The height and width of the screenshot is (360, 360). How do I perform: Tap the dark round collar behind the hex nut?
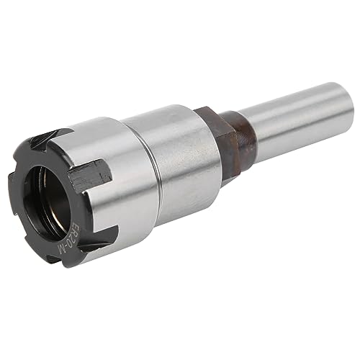[x=241, y=133]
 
